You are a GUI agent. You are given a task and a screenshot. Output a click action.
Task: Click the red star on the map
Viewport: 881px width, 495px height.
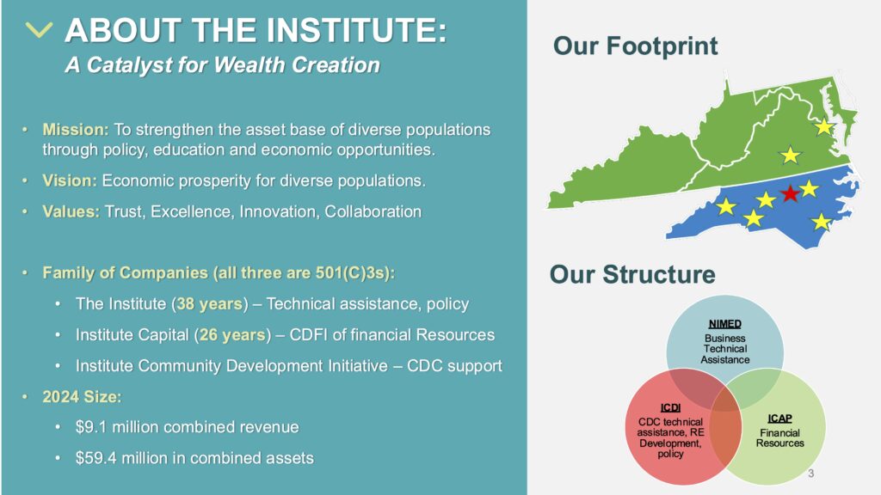[790, 193]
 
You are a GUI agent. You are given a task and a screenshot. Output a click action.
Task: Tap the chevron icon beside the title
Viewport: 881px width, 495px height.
[39, 30]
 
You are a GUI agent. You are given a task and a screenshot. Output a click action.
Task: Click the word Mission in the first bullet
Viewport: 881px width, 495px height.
[76, 130]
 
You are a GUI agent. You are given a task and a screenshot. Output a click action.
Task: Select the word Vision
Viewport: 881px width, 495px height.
[69, 180]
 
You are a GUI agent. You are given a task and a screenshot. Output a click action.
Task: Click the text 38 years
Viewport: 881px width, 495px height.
[209, 304]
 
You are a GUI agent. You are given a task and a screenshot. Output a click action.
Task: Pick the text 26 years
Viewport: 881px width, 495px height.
[232, 335]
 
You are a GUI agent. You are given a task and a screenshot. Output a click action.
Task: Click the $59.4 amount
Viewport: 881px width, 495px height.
[96, 458]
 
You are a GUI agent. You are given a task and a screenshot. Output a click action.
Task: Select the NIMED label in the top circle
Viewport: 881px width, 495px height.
[724, 324]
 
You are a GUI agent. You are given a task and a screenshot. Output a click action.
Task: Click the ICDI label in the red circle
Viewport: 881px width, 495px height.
[670, 408]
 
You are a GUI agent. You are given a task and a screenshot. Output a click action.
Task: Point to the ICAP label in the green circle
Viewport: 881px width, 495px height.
[779, 419]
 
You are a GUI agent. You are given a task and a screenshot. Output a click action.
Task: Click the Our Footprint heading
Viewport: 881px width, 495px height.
[636, 46]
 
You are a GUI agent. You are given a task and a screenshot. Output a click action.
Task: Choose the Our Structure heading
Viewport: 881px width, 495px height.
[632, 274]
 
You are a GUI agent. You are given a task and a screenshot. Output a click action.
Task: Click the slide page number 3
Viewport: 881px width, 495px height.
[810, 474]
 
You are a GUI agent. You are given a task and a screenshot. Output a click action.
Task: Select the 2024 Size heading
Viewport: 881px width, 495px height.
[82, 397]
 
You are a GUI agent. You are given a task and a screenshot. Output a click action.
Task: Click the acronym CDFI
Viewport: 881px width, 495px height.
[308, 335]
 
